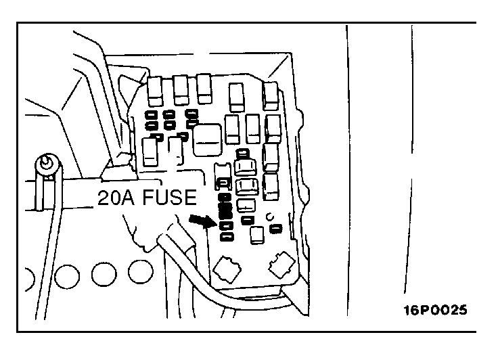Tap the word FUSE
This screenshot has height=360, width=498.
click(172, 198)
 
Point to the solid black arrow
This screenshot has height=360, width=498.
click(201, 220)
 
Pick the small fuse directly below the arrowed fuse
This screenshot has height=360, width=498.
click(227, 236)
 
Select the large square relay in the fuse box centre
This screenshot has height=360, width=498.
click(206, 137)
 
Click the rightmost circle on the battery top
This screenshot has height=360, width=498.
click(140, 273)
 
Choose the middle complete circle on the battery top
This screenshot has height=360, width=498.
click(103, 274)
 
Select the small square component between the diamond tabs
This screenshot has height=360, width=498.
click(257, 235)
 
